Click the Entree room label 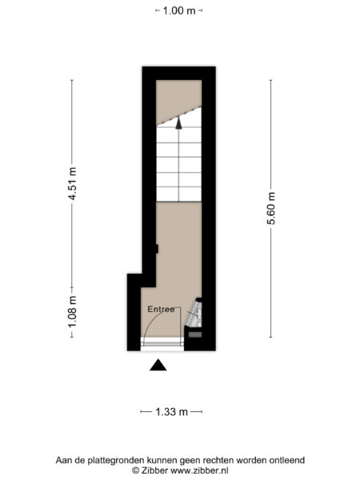(161, 309)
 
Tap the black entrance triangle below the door (158, 366)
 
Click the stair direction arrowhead (178, 123)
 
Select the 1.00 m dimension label (178, 11)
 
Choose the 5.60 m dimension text (271, 208)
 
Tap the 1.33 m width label (171, 412)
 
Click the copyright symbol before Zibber (135, 471)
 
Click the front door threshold (162, 342)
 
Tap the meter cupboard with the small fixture (194, 315)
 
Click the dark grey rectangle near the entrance (194, 334)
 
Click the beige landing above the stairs (178, 96)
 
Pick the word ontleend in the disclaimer (286, 460)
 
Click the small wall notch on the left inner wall (157, 250)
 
